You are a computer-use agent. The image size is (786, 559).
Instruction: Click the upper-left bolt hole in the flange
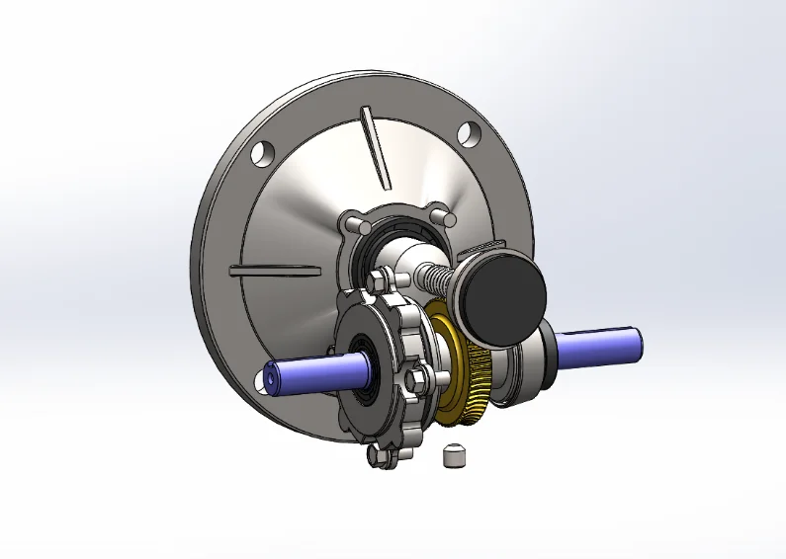click(262, 153)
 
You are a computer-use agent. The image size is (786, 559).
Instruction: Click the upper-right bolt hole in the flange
click(468, 132)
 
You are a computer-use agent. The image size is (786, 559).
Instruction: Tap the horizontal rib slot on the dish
click(275, 269)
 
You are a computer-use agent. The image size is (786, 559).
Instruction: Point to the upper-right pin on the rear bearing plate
click(442, 212)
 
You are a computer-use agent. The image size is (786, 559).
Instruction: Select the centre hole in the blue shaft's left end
click(270, 380)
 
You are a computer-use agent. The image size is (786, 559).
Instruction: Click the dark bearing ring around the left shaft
click(366, 361)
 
